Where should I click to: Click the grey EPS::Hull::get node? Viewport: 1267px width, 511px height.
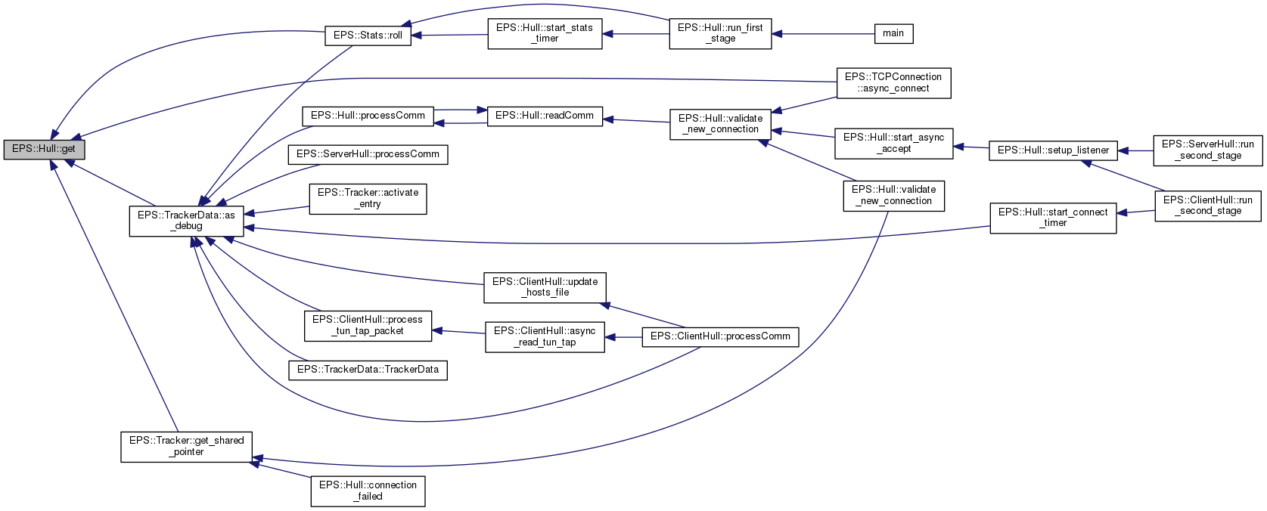point(44,149)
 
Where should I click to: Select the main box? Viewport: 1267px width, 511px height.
point(893,33)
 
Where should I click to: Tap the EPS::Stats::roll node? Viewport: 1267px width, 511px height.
point(368,36)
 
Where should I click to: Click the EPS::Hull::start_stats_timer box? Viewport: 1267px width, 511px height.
point(545,33)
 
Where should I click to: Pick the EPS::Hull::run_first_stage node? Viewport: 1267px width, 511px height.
point(720,33)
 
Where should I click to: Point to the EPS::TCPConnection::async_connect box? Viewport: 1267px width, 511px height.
point(893,82)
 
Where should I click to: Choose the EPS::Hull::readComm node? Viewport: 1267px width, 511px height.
point(545,116)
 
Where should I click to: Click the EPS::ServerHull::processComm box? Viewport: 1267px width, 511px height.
point(368,154)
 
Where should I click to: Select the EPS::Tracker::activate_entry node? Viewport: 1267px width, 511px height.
point(368,198)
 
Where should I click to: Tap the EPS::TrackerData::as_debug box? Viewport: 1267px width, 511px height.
point(186,220)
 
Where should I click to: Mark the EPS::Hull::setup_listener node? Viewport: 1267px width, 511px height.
point(1053,150)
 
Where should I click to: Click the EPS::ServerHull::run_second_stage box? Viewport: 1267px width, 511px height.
point(1208,150)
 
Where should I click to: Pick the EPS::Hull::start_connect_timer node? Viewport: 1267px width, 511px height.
point(1053,218)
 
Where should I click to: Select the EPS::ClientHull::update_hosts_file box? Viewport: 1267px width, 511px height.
point(545,287)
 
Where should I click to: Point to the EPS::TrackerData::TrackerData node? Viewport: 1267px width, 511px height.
point(368,370)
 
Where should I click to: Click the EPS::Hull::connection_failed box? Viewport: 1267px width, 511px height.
point(368,491)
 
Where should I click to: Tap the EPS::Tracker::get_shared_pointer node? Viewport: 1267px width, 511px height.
point(186,446)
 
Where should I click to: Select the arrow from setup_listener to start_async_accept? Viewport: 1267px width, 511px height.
point(971,147)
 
